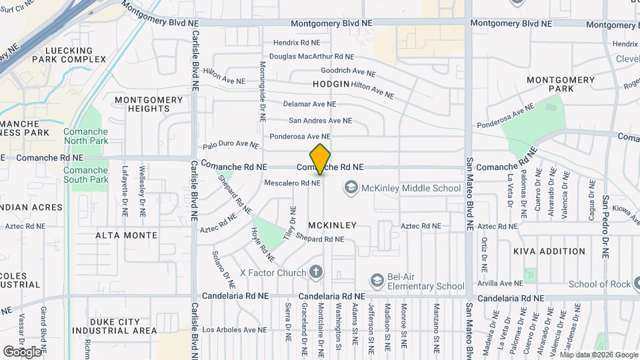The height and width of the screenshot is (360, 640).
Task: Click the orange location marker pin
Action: tap(321, 159)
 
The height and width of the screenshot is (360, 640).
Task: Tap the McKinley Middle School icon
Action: tap(351, 188)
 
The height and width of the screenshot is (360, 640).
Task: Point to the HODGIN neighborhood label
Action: tap(331, 84)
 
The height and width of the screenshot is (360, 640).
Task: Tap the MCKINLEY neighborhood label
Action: tap(332, 225)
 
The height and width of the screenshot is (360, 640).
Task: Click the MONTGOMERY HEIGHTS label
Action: tap(148, 104)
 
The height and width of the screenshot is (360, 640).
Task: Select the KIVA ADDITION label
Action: tap(549, 251)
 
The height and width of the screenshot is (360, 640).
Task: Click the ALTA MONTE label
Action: tap(127, 235)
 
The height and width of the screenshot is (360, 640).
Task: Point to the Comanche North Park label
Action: tap(85, 136)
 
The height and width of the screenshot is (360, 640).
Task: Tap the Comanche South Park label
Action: tap(85, 175)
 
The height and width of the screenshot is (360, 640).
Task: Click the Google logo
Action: tap(22, 351)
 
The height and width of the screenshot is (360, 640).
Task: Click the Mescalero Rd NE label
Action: tap(293, 183)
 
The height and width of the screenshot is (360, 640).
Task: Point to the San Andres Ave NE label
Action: tap(319, 121)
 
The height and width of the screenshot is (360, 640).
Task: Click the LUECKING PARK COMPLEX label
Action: tap(75, 55)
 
